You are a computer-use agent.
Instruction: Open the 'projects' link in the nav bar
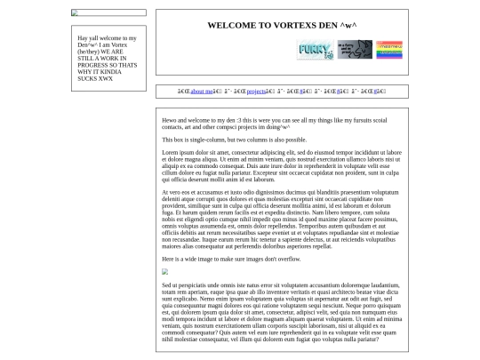(256, 92)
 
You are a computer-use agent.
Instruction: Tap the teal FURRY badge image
(315, 50)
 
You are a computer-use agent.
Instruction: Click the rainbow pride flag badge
(388, 50)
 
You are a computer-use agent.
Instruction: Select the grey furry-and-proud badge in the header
(355, 50)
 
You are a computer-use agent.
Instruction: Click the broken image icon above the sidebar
(75, 13)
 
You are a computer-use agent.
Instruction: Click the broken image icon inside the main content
(164, 272)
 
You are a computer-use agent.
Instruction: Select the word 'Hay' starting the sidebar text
(83, 38)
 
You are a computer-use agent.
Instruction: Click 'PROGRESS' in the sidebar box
(92, 65)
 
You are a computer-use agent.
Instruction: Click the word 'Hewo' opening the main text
(169, 120)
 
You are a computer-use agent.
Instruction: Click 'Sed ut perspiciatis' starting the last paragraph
(188, 284)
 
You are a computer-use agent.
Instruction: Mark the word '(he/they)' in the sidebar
(89, 52)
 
